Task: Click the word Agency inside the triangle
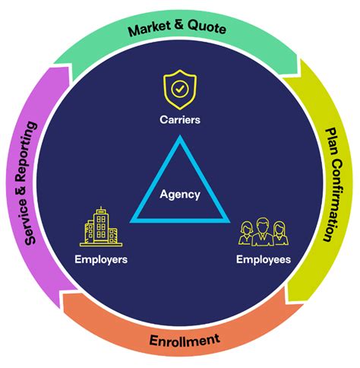pos(180,194)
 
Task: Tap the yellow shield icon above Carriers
pos(180,89)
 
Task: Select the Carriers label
pos(180,120)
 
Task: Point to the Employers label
pos(101,260)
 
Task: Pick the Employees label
pos(264,260)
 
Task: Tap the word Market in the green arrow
pos(149,30)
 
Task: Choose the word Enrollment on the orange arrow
pos(184,339)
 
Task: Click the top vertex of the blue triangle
pos(180,138)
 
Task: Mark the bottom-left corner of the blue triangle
pos(133,220)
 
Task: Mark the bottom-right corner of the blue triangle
pos(228,220)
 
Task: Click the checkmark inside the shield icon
pos(180,89)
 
